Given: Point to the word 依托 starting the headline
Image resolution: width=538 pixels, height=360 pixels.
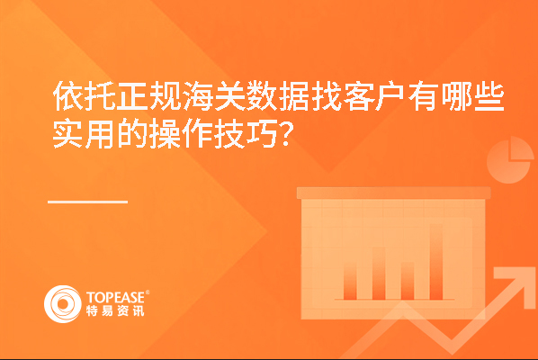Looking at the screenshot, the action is coord(85,96).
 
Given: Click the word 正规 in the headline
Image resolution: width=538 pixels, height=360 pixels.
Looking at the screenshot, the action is coord(149,96).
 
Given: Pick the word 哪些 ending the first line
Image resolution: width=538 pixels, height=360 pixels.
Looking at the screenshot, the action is coord(472,96).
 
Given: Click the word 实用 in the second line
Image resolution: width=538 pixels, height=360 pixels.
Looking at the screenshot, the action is coord(84,133).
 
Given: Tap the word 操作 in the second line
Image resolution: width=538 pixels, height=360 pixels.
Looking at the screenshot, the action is coord(181,133).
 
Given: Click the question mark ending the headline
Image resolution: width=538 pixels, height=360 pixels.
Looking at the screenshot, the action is coord(285,134).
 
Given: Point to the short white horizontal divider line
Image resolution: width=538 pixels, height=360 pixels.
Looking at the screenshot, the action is coord(88,202).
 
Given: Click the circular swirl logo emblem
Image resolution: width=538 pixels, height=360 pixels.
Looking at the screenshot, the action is coord(63,304).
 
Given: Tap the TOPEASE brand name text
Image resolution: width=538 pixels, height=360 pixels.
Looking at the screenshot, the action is coord(116,298).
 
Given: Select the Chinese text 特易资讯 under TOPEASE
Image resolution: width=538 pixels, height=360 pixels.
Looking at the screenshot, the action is coord(115,310).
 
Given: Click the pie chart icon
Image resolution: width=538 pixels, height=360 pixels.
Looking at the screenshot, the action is coord(510,160).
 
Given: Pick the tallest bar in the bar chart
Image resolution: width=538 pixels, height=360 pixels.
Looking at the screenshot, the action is coord(436,262).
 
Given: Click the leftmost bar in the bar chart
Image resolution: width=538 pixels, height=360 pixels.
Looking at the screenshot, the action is coord(350,281).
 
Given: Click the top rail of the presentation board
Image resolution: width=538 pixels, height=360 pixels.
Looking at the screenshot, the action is coord(393,193).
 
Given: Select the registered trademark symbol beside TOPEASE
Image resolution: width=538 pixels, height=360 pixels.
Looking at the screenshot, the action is coord(148,292).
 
